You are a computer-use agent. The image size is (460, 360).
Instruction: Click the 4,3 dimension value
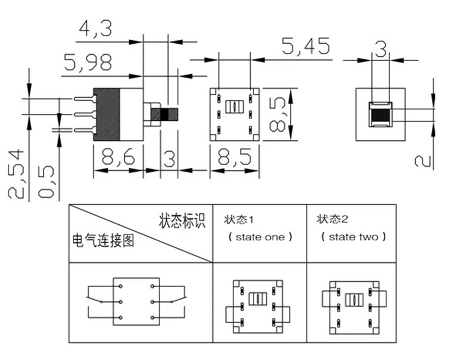click(x=95, y=28)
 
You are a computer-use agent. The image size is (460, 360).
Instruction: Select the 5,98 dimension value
click(x=88, y=62)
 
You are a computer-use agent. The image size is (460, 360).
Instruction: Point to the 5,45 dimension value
click(x=306, y=46)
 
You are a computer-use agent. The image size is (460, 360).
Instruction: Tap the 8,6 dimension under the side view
click(x=118, y=157)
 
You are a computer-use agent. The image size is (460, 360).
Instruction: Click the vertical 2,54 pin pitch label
click(x=16, y=174)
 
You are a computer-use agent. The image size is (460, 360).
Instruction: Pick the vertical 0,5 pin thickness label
click(x=47, y=182)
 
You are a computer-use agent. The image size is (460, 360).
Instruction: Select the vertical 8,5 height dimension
click(x=277, y=114)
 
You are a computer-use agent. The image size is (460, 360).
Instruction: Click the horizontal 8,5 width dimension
click(x=235, y=157)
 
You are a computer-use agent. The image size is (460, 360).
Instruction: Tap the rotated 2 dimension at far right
click(x=423, y=161)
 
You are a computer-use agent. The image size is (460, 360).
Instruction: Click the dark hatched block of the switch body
click(x=106, y=114)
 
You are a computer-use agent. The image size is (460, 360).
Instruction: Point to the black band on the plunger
click(x=164, y=114)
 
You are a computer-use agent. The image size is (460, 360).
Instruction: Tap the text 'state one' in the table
click(x=260, y=237)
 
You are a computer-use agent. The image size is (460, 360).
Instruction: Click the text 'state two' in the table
click(x=354, y=237)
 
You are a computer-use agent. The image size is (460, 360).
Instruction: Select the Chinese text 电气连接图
click(x=103, y=240)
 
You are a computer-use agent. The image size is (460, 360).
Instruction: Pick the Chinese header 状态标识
click(x=182, y=221)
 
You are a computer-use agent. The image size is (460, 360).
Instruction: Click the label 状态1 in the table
click(x=239, y=220)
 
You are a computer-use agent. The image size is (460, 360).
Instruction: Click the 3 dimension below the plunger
click(x=169, y=159)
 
